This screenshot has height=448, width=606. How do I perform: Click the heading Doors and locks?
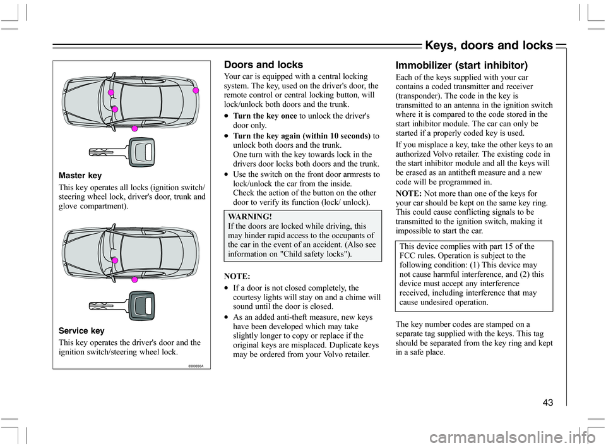[x=263, y=64]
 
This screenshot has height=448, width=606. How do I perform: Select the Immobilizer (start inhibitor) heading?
[x=461, y=64]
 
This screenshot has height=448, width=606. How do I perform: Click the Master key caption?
[x=81, y=174]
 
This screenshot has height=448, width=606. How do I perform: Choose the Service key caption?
[x=82, y=330]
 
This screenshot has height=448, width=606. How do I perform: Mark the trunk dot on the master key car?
[x=196, y=91]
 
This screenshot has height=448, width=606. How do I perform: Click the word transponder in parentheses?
[x=419, y=105]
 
